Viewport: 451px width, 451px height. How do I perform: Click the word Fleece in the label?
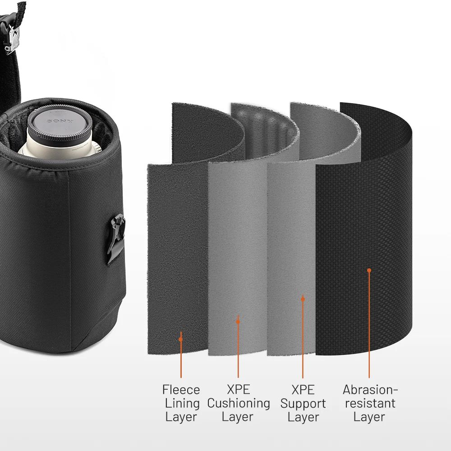pyautogui.click(x=181, y=389)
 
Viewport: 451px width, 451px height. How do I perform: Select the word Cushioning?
pyautogui.click(x=238, y=403)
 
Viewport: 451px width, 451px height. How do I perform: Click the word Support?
pyautogui.click(x=303, y=403)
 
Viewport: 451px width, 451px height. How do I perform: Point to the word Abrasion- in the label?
pyautogui.click(x=370, y=389)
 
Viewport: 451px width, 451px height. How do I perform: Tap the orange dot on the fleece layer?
pyautogui.click(x=181, y=339)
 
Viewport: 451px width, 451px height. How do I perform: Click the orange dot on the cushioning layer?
pyautogui.click(x=238, y=322)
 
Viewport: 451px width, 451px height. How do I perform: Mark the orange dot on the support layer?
pyautogui.click(x=303, y=299)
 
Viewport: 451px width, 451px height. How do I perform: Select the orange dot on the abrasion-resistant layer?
pyautogui.click(x=369, y=270)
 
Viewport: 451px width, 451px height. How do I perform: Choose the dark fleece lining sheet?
pyautogui.click(x=176, y=248)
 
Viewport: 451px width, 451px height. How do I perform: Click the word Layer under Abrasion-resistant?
pyautogui.click(x=369, y=417)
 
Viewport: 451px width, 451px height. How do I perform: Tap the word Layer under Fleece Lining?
pyautogui.click(x=181, y=417)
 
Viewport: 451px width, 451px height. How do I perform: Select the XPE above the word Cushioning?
pyautogui.click(x=238, y=389)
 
